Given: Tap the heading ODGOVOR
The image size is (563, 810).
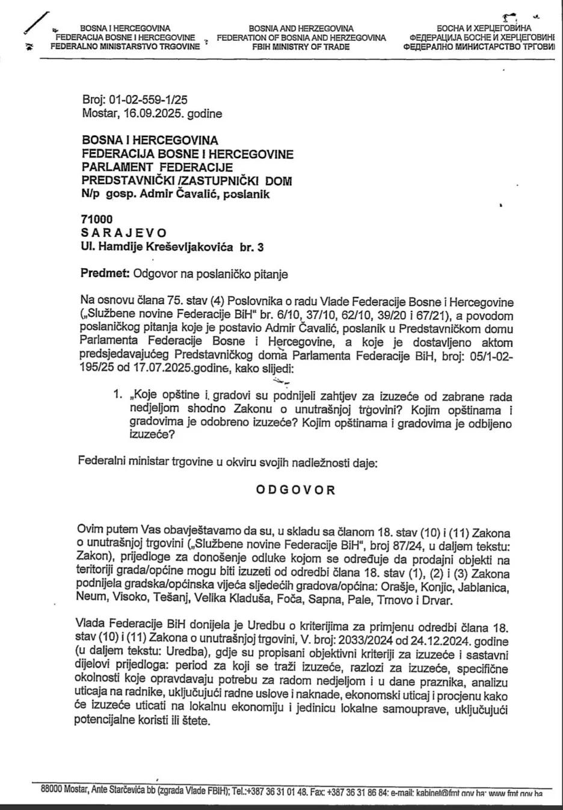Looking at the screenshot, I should [x=295, y=489].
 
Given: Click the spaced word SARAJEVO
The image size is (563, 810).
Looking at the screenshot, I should [x=124, y=233].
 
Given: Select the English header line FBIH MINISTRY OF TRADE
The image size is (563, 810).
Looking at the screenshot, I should [x=301, y=46].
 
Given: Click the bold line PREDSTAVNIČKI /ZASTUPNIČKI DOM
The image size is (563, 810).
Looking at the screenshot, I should [x=187, y=180].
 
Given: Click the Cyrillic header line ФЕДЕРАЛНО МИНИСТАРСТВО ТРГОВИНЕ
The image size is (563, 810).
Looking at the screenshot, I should [x=478, y=46].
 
